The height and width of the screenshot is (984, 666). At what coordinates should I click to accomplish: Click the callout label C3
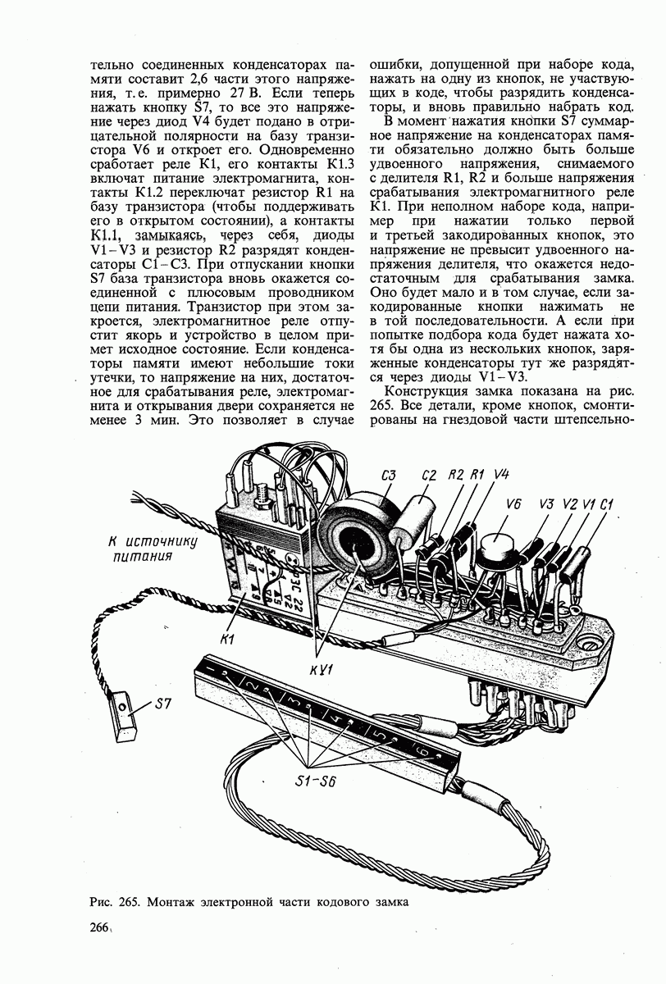pyautogui.click(x=390, y=476)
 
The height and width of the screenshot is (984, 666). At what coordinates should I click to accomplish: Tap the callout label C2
pyautogui.click(x=428, y=476)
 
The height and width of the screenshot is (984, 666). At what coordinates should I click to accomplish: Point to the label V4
pyautogui.click(x=502, y=475)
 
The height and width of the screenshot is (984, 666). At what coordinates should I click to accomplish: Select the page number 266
pyautogui.click(x=96, y=927)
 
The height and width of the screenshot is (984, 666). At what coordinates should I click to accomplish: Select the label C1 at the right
pyautogui.click(x=608, y=504)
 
